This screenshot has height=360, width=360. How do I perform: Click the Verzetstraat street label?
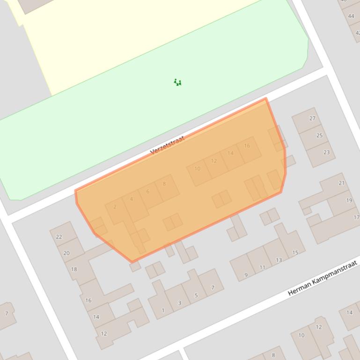[167, 145]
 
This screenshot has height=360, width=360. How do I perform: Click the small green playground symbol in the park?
[177, 82]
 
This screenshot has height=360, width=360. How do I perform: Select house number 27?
[312, 118]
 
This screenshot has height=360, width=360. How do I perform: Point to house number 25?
[319, 136]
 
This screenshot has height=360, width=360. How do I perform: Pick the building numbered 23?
[326, 152]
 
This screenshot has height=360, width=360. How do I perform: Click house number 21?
[342, 183]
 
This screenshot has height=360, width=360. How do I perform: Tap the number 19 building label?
[349, 200]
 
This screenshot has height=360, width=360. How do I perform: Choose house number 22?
[59, 237]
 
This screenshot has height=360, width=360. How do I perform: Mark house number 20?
[66, 253]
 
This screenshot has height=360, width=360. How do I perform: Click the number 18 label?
[74, 269]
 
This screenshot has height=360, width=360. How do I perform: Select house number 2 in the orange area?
[115, 207]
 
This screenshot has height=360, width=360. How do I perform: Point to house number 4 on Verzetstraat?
[131, 199]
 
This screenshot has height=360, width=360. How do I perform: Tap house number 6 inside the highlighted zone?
[148, 192]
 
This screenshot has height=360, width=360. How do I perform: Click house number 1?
[163, 310]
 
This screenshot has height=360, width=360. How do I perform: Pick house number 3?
[179, 303]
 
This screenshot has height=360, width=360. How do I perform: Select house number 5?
[196, 295]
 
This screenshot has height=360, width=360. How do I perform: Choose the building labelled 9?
[246, 275]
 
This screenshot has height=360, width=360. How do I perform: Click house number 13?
[279, 260]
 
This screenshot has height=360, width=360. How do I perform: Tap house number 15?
[295, 252]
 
